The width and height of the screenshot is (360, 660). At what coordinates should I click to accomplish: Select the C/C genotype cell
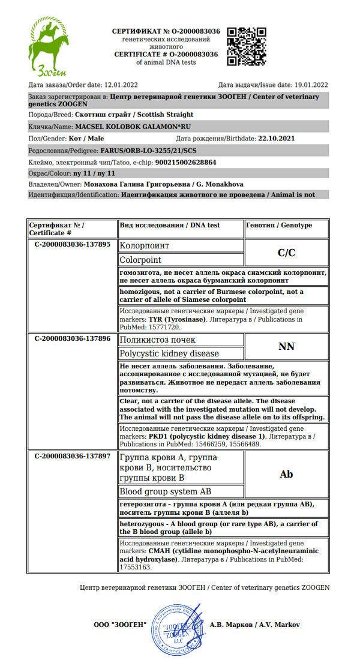point(287,253)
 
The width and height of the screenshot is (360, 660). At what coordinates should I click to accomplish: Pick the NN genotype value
point(287,346)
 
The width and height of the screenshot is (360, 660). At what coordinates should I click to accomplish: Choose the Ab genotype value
point(287,474)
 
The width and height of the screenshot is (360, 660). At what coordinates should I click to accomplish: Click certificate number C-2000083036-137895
point(73,245)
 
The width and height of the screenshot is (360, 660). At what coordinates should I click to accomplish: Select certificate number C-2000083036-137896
point(73,338)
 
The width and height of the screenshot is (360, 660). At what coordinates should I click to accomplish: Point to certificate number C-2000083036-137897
point(73,456)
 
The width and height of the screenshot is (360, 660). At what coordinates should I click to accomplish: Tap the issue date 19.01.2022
point(311,85)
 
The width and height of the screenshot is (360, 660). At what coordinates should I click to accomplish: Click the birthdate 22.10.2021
point(277,139)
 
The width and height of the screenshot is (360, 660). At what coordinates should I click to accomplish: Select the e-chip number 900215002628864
point(185,162)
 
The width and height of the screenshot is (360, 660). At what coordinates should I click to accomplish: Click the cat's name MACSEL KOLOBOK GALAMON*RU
point(133,127)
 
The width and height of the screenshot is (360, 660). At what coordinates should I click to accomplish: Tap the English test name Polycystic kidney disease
point(169,353)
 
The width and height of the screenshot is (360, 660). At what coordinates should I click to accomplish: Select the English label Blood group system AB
point(166,491)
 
